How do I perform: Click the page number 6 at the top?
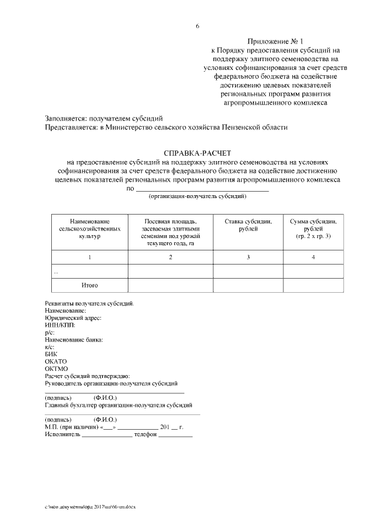pos(197,26)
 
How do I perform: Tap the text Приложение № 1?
pos(275,42)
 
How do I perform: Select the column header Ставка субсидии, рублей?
pos(248,225)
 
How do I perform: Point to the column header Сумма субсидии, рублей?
pos(313,229)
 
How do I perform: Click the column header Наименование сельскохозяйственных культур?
pos(90,229)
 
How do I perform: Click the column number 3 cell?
pos(248,257)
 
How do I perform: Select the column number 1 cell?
pos(90,257)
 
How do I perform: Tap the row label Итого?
pos(90,285)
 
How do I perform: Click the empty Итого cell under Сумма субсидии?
pos(313,285)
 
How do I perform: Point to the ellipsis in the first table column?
pos(56,272)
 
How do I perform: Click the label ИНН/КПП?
pos(60,325)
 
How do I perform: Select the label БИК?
pos(51,354)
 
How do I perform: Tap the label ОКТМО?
pos(57,369)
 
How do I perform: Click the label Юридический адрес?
pos(73,318)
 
